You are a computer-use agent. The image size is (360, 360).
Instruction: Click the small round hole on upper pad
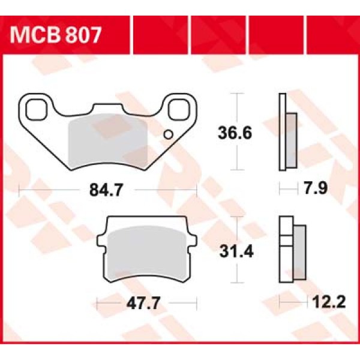pyautogui.click(x=168, y=134)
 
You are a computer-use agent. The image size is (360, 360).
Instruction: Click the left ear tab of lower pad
pyautogui.click(x=102, y=241)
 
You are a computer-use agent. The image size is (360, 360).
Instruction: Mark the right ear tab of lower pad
pyautogui.click(x=190, y=241)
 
